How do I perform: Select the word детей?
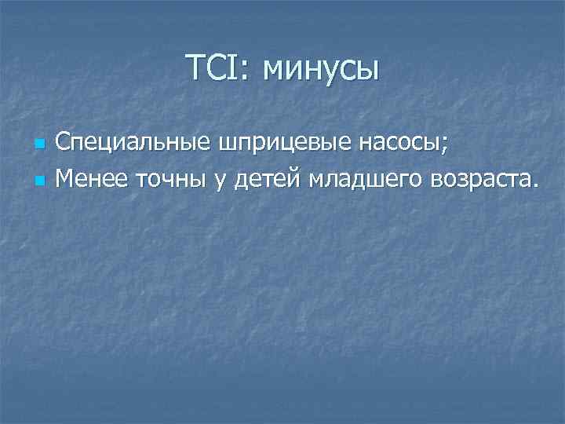coord(264,180)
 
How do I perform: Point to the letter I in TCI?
coord(237,68)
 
